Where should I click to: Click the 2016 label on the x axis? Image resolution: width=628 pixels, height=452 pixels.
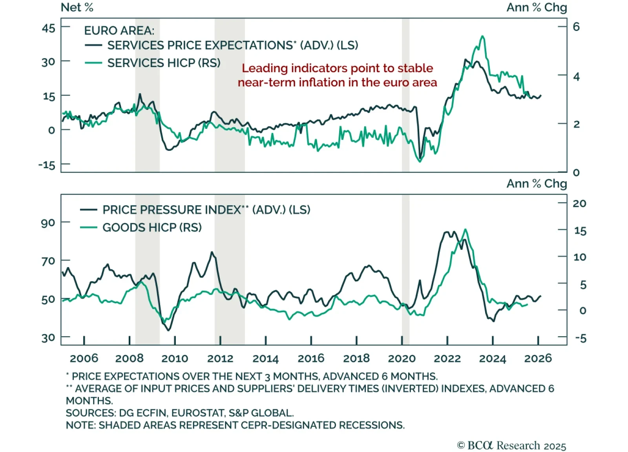click(311, 358)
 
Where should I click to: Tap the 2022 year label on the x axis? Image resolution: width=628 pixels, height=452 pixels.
click(447, 358)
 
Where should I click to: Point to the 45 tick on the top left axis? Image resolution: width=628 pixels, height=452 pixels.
click(49, 28)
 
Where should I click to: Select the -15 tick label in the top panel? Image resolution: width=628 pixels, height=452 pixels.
click(47, 165)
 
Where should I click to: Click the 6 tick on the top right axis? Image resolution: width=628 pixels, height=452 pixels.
click(576, 27)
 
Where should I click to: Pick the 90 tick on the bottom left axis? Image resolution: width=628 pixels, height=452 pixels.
click(48, 223)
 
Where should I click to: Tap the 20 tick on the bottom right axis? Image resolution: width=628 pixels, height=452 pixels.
click(579, 203)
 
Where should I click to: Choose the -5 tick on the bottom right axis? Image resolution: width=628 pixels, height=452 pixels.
click(580, 338)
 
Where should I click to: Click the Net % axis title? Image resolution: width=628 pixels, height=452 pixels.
click(77, 7)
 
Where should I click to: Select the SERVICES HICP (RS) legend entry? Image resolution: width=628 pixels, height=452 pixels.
click(164, 63)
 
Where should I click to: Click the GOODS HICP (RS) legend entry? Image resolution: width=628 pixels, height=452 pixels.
click(152, 227)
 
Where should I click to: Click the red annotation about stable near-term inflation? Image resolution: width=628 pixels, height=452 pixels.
click(337, 75)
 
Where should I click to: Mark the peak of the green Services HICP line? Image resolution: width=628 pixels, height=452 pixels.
click(482, 36)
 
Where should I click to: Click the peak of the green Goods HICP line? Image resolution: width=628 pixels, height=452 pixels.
click(465, 229)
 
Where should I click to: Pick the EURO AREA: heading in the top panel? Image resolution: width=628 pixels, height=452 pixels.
click(119, 31)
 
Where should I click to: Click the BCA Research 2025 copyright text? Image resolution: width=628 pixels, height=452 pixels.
click(511, 445)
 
